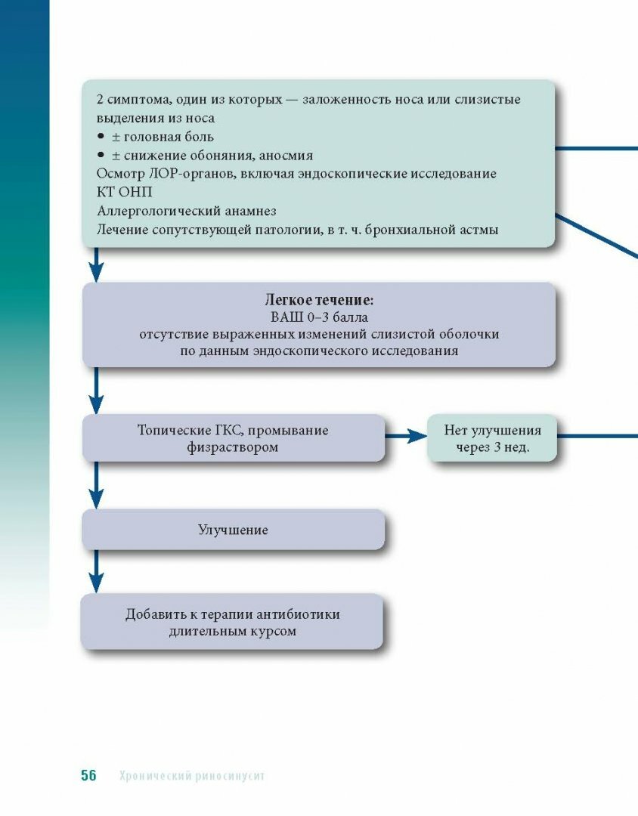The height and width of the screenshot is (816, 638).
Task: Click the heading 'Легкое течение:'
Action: point(319,299)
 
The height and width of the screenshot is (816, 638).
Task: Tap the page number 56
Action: point(89,776)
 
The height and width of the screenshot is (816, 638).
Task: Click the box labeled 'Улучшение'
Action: point(233,530)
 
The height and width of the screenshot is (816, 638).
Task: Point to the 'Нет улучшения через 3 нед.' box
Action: point(492,438)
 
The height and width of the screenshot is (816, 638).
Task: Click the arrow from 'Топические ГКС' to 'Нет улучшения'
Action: point(406,436)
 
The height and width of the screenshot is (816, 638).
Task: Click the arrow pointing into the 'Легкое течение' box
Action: point(95,266)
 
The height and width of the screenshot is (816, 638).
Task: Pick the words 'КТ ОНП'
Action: point(124,192)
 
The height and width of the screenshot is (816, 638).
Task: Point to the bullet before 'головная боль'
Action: point(101,137)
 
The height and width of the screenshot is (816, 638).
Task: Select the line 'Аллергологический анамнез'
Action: point(186,211)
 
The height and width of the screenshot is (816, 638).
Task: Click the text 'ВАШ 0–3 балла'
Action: point(319,317)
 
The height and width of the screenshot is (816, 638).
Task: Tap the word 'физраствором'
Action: point(233,447)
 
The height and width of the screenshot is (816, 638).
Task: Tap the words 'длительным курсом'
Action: point(233,631)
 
